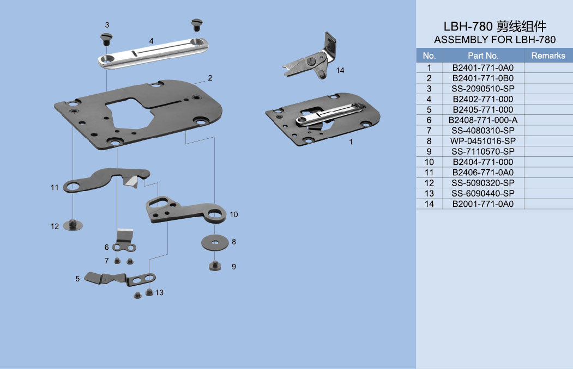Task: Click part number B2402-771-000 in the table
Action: click(x=483, y=99)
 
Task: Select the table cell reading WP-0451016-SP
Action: click(x=483, y=141)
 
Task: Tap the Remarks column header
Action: click(x=548, y=56)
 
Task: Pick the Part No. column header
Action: click(x=483, y=56)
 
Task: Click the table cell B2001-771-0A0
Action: click(x=483, y=204)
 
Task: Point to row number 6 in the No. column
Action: click(x=429, y=120)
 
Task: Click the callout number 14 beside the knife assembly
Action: click(x=340, y=71)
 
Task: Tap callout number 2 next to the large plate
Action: click(x=210, y=78)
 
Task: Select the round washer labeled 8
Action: click(x=216, y=242)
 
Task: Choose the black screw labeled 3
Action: click(x=106, y=39)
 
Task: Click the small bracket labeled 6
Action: click(x=125, y=242)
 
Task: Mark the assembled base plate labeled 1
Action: click(x=322, y=122)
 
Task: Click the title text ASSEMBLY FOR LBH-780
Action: click(x=494, y=40)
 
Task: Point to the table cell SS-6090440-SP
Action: click(x=483, y=193)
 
